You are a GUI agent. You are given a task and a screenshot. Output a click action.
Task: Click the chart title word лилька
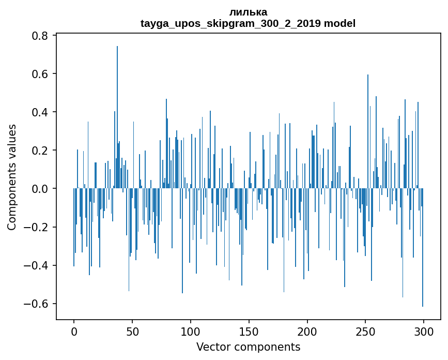(248, 12)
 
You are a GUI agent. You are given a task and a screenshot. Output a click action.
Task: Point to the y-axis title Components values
(12, 177)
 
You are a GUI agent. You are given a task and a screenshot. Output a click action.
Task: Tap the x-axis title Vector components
(248, 347)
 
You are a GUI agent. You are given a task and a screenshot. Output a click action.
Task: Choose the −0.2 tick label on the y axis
(37, 227)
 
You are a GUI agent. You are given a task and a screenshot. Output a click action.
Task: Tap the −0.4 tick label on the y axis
(37, 265)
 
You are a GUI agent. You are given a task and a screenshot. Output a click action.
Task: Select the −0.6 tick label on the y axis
(37, 304)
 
